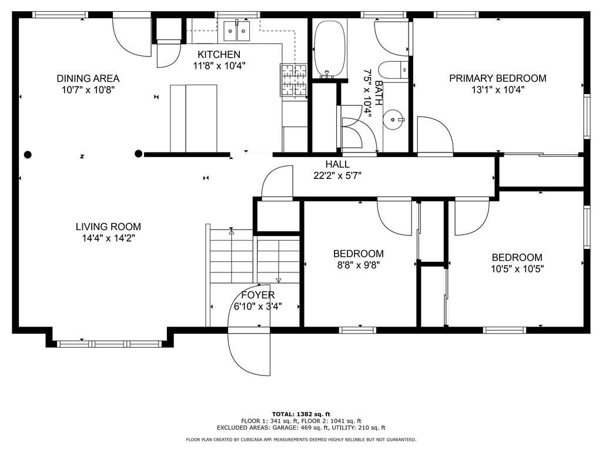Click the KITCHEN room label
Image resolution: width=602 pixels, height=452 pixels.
pyautogui.click(x=219, y=54)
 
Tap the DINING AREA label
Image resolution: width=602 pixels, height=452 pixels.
pyautogui.click(x=88, y=78)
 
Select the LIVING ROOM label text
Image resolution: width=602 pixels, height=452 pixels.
pyautogui.click(x=108, y=227)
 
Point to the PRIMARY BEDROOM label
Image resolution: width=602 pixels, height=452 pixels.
pyautogui.click(x=498, y=78)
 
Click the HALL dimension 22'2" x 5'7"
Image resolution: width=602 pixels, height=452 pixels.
pyautogui.click(x=337, y=175)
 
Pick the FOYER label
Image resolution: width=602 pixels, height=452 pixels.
pyautogui.click(x=258, y=295)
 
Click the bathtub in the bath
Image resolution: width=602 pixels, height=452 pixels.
pyautogui.click(x=329, y=48)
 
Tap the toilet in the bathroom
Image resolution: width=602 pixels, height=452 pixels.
pyautogui.click(x=393, y=70)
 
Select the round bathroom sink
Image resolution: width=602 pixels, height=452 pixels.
pyautogui.click(x=392, y=119)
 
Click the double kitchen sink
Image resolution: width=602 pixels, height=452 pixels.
pyautogui.click(x=236, y=32)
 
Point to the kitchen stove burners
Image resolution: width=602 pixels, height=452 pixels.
pyautogui.click(x=294, y=80)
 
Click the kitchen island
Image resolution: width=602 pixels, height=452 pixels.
pyautogui.click(x=193, y=119)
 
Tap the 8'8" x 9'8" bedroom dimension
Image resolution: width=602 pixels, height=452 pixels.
pyautogui.click(x=358, y=265)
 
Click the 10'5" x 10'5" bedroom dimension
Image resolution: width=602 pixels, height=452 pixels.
pyautogui.click(x=517, y=268)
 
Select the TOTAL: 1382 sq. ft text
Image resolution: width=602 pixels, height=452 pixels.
pyautogui.click(x=301, y=414)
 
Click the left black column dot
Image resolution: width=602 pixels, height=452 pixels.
pyautogui.click(x=28, y=155)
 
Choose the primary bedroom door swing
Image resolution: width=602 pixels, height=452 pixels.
pyautogui.click(x=435, y=135)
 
